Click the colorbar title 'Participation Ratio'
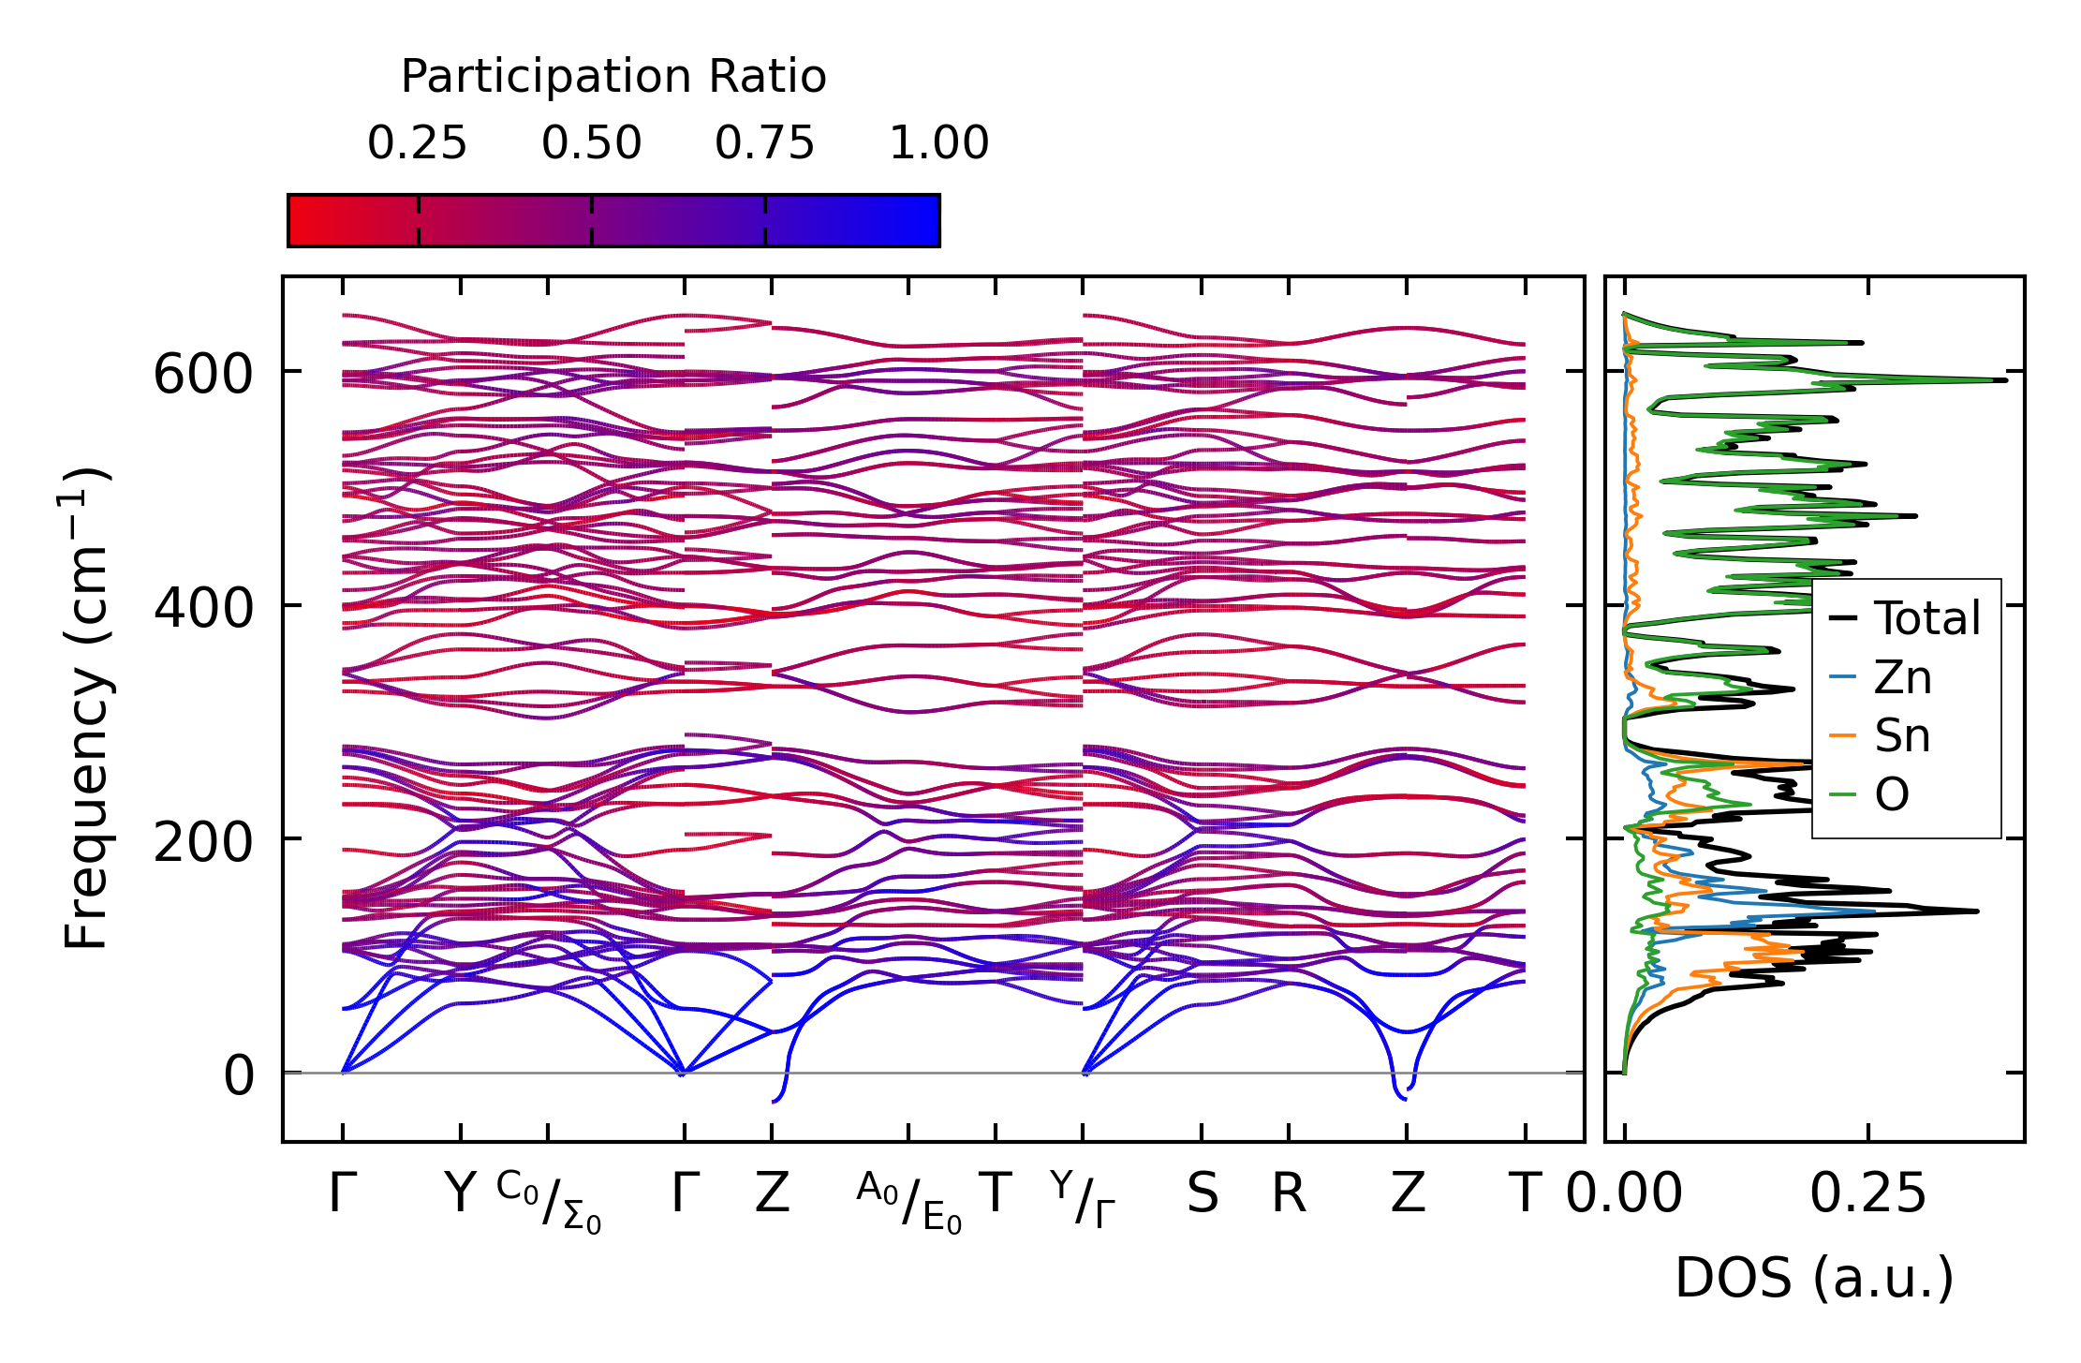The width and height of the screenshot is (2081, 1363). pyautogui.click(x=613, y=77)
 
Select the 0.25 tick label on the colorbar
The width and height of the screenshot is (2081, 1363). pyautogui.click(x=417, y=143)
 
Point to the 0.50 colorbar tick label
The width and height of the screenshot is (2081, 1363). pyautogui.click(x=591, y=143)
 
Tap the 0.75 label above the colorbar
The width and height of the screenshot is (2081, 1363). pyautogui.click(x=764, y=143)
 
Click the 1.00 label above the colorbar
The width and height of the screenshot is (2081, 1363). pyautogui.click(x=938, y=143)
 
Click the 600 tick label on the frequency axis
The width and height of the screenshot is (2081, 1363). pyautogui.click(x=203, y=375)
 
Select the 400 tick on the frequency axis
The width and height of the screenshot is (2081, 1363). pyautogui.click(x=203, y=608)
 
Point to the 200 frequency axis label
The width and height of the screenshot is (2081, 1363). pyautogui.click(x=203, y=841)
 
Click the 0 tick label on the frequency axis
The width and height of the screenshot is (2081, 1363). pyautogui.click(x=238, y=1075)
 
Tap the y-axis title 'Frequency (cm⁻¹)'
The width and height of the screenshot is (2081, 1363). pyautogui.click(x=86, y=708)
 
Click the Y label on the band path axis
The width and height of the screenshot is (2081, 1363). pyautogui.click(x=460, y=1193)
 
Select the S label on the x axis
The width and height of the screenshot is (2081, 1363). pyautogui.click(x=1203, y=1193)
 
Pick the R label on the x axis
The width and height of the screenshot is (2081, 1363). pyautogui.click(x=1289, y=1193)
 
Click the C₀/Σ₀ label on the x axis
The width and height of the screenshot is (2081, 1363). pyautogui.click(x=549, y=1203)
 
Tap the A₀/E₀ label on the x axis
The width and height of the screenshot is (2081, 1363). pyautogui.click(x=908, y=1203)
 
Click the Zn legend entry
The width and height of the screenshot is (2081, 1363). pyautogui.click(x=1902, y=677)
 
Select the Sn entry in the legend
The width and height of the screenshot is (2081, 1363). pyautogui.click(x=1902, y=736)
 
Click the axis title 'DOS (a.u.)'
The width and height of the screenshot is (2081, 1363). pyautogui.click(x=1814, y=1278)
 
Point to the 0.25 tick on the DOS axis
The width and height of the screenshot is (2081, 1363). pyautogui.click(x=1867, y=1193)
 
